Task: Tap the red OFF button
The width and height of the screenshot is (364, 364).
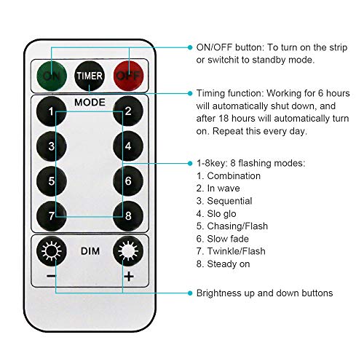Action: coord(129,76)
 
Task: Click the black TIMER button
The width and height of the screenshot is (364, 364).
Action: coord(90,76)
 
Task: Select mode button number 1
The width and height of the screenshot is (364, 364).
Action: coord(52,111)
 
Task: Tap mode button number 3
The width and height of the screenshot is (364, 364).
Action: coord(52,146)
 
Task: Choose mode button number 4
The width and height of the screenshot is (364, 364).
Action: coord(128,146)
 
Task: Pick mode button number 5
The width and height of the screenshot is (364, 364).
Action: coord(52,181)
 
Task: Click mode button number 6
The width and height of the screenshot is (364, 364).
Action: coord(128,181)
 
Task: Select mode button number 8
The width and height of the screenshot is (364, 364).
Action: coord(128,216)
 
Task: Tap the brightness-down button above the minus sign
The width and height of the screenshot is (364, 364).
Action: coord(52,251)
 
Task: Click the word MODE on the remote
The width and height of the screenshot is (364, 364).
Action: coord(90,103)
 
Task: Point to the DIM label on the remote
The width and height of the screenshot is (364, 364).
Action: coord(90,251)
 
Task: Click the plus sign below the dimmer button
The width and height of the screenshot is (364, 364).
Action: coord(129,277)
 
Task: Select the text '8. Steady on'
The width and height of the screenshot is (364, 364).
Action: coord(223,264)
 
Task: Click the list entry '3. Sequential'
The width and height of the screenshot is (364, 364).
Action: coord(224,201)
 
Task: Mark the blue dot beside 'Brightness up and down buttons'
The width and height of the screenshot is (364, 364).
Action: coord(190,293)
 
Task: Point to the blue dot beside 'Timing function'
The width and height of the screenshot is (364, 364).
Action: coord(190,93)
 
